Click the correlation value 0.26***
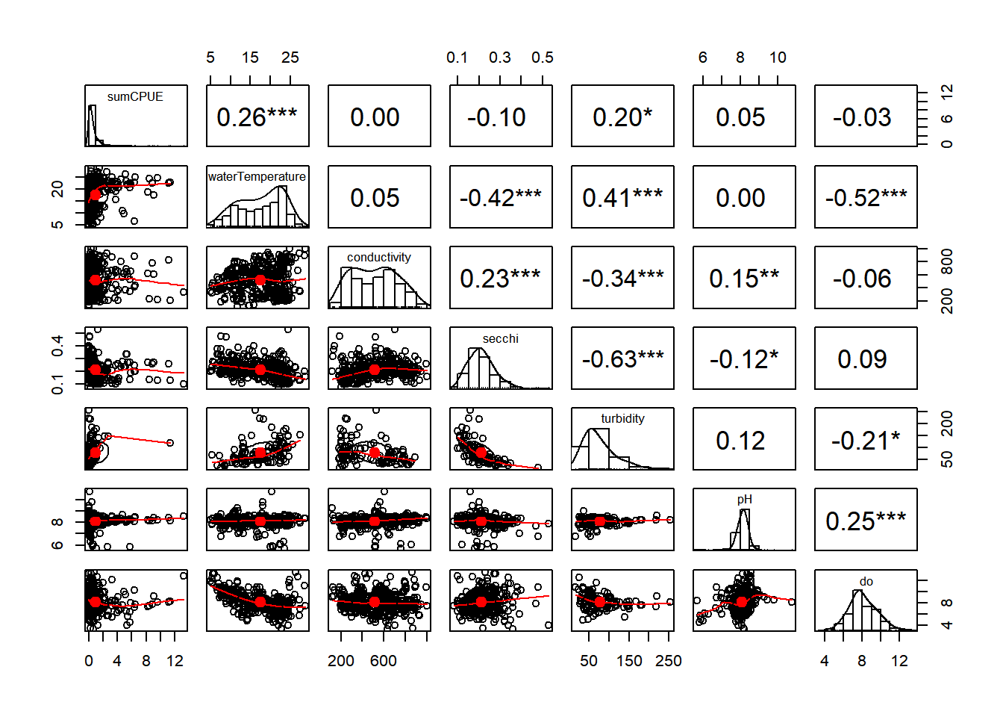coord(257,117)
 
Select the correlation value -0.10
coord(496,117)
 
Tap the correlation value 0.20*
coord(622,117)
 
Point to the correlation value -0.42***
coord(500,198)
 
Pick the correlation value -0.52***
coord(866,198)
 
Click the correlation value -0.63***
coord(622,359)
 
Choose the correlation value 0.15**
coord(744,279)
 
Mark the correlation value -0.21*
coord(866,441)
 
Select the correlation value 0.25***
coord(866,521)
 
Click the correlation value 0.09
coord(862,359)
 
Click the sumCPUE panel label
coord(135,96)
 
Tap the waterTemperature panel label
coord(257,177)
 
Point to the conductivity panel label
coord(379,258)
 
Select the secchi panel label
coord(501,339)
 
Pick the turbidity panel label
coord(622,419)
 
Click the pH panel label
coord(744,500)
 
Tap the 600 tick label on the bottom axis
coord(384,661)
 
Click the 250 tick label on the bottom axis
coord(669,661)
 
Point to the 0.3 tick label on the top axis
coord(500,58)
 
